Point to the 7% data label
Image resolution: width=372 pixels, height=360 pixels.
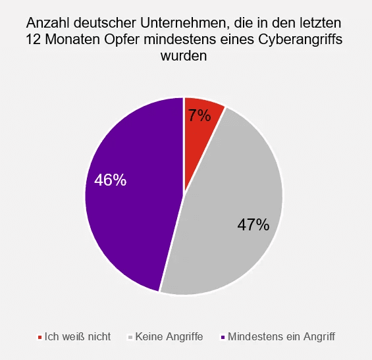pyautogui.click(x=199, y=116)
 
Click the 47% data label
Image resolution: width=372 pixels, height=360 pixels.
pyautogui.click(x=253, y=225)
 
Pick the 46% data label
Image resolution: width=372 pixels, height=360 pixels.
pyautogui.click(x=110, y=180)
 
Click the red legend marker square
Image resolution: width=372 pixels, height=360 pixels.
pyautogui.click(x=40, y=337)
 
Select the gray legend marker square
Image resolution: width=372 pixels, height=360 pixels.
pyautogui.click(x=130, y=337)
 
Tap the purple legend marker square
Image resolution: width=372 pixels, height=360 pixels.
pyautogui.click(x=223, y=337)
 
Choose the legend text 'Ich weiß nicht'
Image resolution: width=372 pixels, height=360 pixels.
pyautogui.click(x=77, y=336)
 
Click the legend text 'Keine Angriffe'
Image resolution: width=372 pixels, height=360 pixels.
pyautogui.click(x=169, y=336)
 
